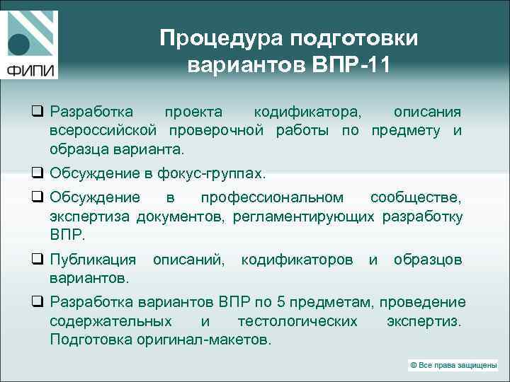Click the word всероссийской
tap(106, 131)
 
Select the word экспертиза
tap(91, 216)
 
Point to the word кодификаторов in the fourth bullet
tap(297, 260)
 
